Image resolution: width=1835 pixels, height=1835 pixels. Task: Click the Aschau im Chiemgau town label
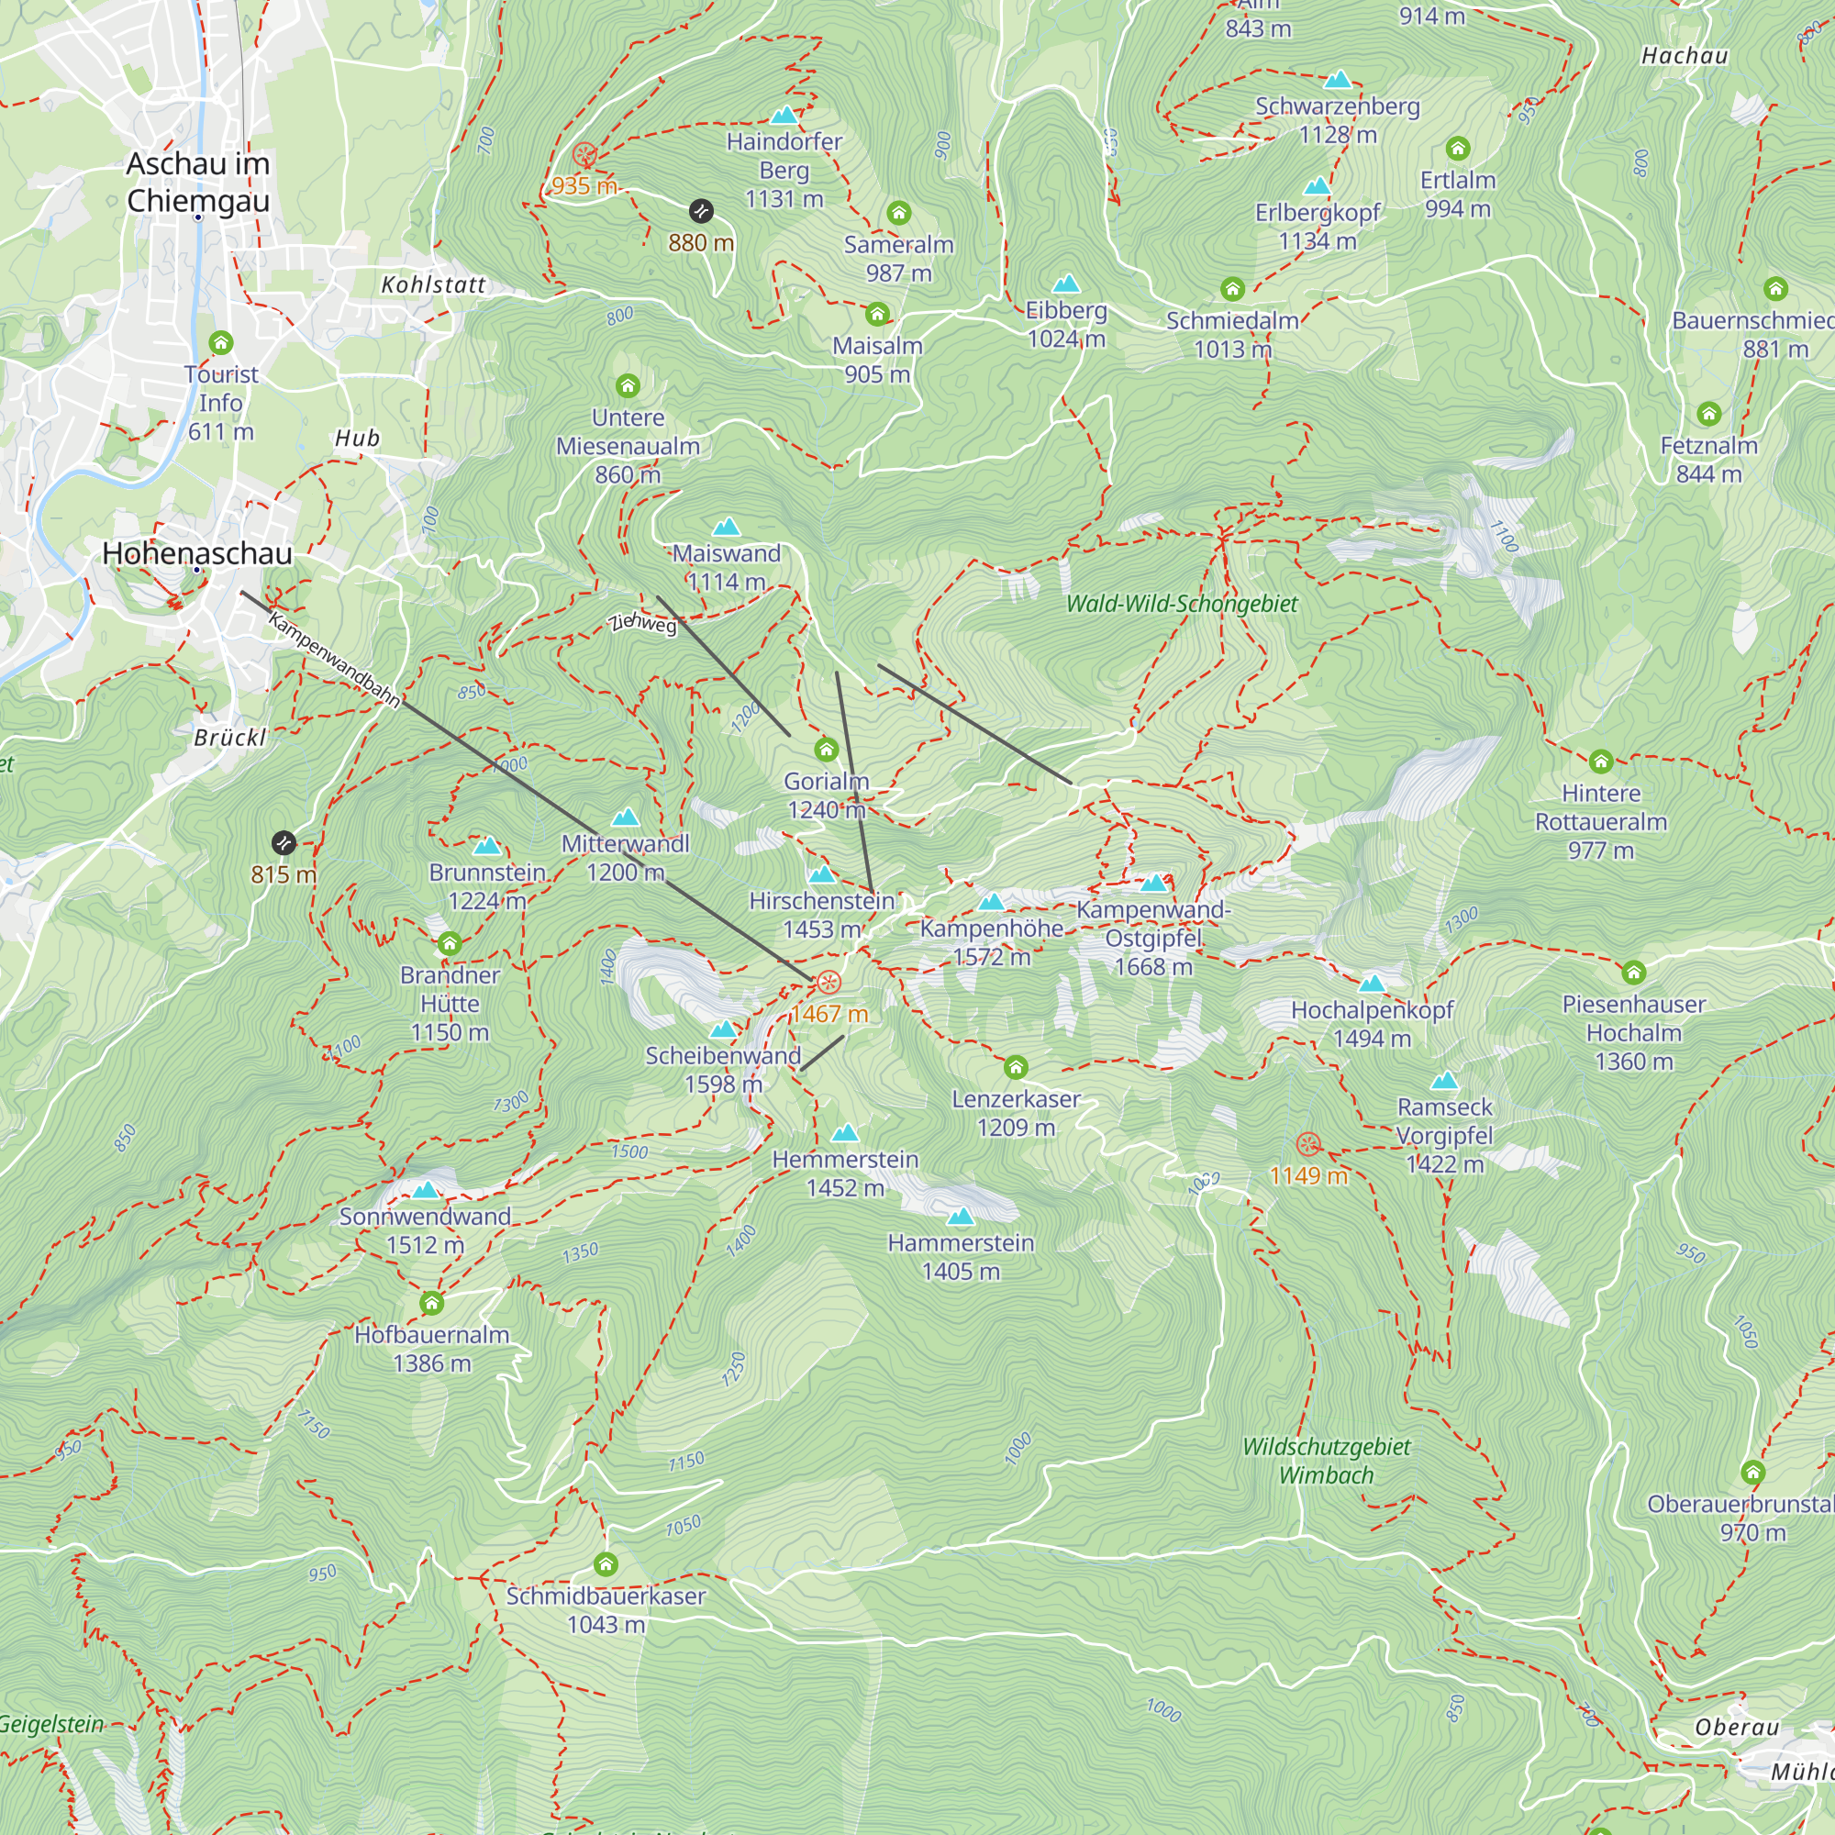coord(198,183)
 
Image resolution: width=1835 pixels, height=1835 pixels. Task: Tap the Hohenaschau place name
coord(196,554)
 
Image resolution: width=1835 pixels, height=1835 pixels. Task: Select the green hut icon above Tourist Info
coord(221,342)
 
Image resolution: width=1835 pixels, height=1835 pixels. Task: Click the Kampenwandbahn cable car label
coord(333,659)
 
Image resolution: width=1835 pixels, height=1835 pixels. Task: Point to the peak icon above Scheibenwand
coord(724,1029)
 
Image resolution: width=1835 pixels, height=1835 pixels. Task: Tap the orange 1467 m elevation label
coord(829,1014)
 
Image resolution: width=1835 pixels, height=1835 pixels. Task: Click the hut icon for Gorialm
coord(827,750)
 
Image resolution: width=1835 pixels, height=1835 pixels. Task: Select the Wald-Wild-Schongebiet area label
coord(1182,604)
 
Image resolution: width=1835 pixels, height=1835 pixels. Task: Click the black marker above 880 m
coord(701,211)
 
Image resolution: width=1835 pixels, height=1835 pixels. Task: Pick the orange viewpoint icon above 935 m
coord(585,154)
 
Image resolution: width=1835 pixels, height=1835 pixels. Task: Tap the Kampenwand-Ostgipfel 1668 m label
coord(1153,938)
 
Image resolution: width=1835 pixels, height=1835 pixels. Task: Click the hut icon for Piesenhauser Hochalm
coord(1634,972)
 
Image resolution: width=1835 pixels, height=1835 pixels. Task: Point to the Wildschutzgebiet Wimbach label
coord(1326,1461)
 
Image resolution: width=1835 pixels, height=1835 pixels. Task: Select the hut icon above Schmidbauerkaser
coord(606,1563)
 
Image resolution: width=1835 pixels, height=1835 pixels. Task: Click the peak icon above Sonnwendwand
coord(426,1190)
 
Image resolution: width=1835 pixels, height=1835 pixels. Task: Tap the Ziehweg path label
coord(643,622)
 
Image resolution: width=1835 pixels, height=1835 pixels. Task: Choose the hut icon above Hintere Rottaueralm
coord(1601,761)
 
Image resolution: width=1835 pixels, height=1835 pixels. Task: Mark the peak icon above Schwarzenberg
coord(1338,79)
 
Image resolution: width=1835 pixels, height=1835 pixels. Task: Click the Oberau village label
coord(1737,1728)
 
